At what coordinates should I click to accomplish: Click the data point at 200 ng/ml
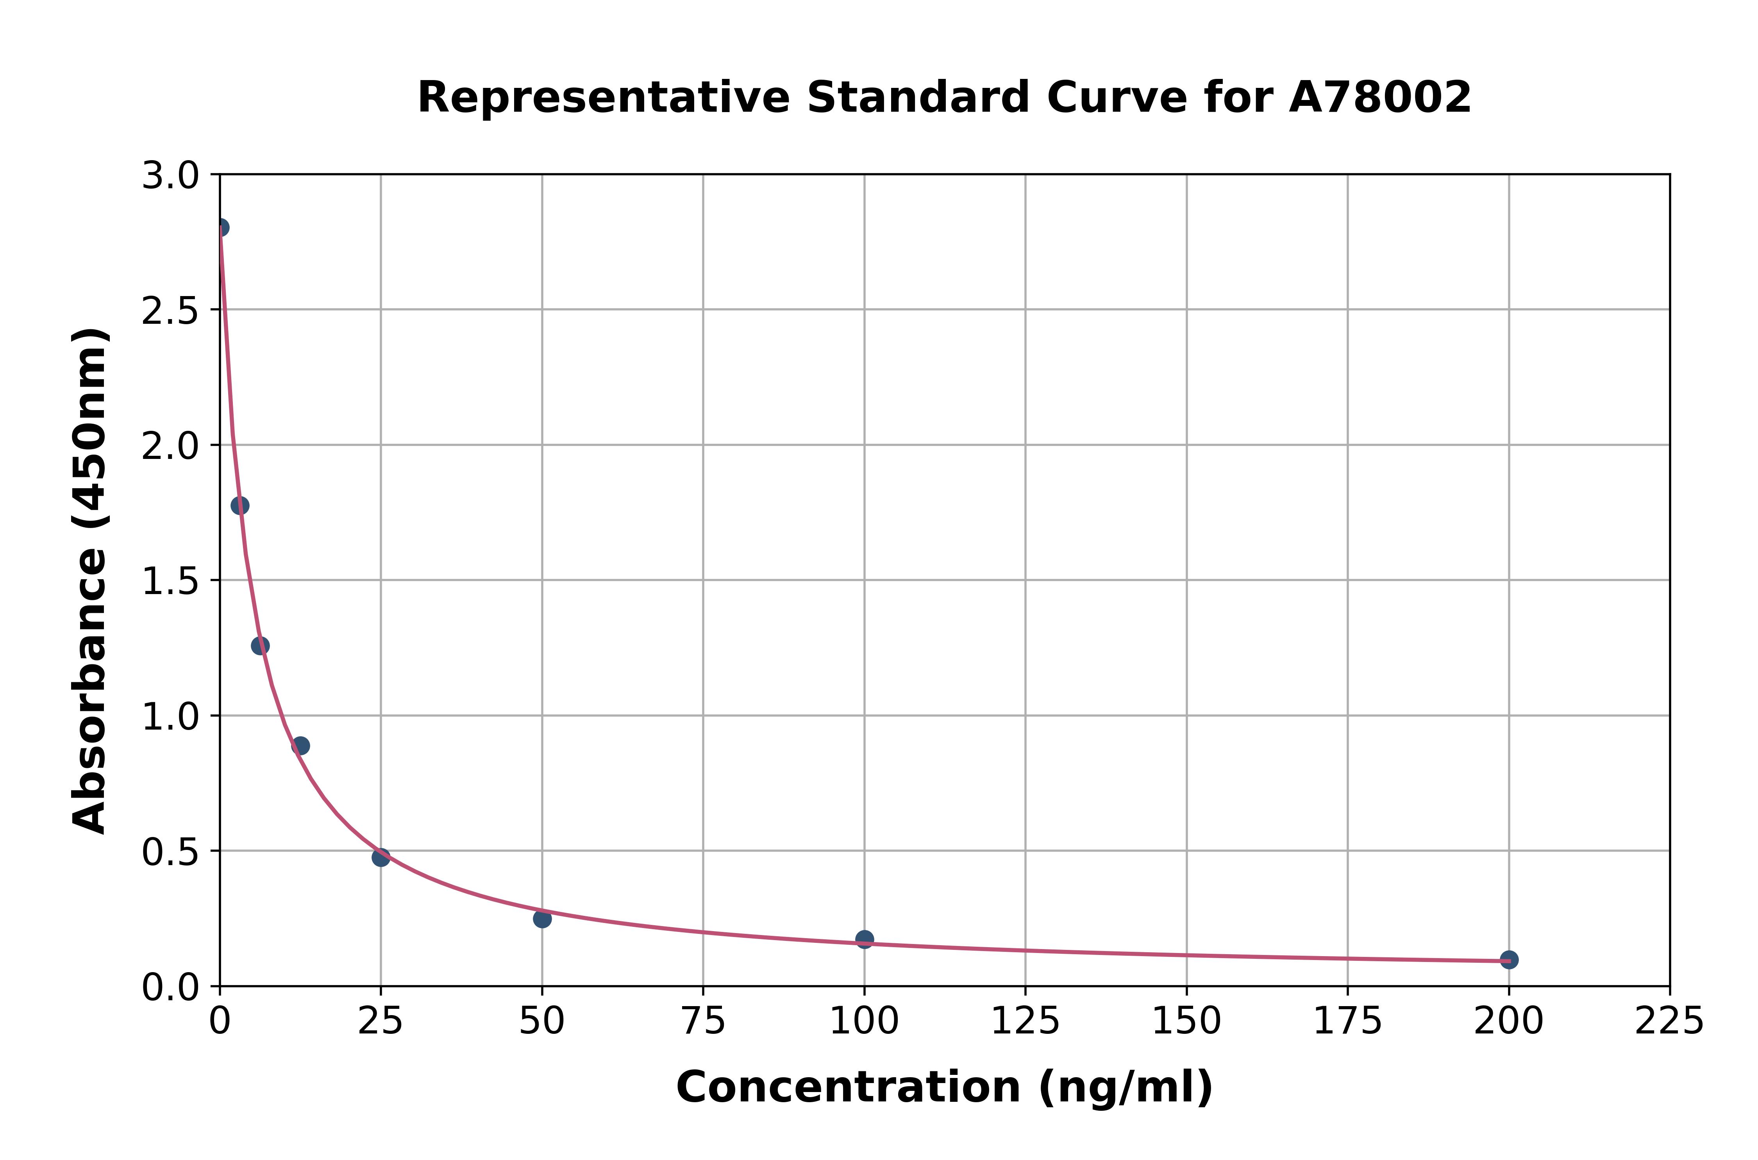coord(1509,960)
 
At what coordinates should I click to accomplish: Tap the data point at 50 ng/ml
coord(542,919)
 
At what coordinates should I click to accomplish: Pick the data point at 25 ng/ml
coord(381,857)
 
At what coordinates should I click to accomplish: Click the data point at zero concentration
coord(220,227)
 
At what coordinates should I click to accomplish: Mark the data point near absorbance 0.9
coord(300,746)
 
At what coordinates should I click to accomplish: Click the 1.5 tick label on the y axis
coord(170,582)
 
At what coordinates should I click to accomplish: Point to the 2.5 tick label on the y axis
coord(170,311)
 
